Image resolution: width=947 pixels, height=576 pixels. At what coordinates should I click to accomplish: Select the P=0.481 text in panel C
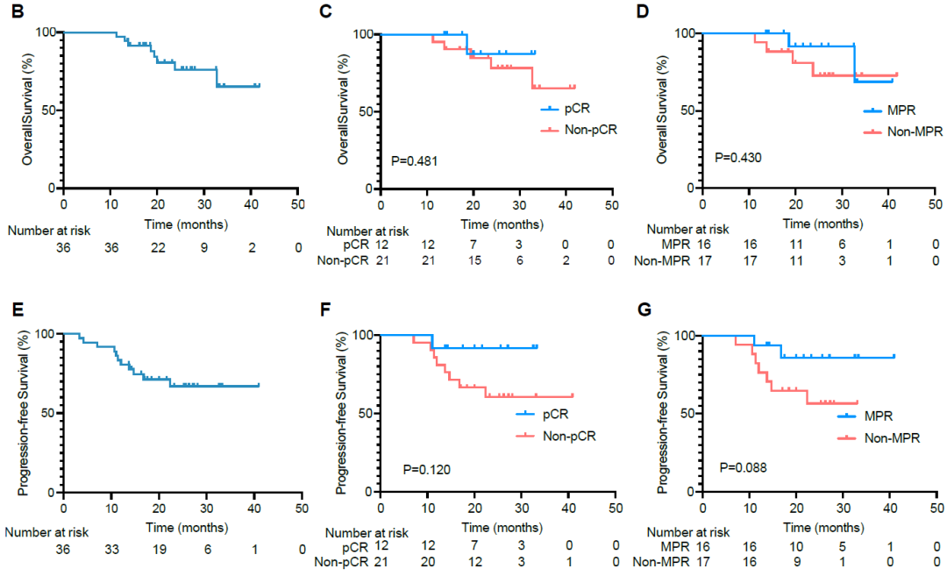[414, 161]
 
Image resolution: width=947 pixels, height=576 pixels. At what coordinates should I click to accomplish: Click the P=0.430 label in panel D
[738, 158]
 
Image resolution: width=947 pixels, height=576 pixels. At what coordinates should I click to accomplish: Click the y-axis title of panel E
[27, 412]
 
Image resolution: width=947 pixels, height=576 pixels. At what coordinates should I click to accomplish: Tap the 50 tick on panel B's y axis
[50, 110]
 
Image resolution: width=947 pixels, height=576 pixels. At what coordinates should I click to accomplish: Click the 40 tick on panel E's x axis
[253, 508]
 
